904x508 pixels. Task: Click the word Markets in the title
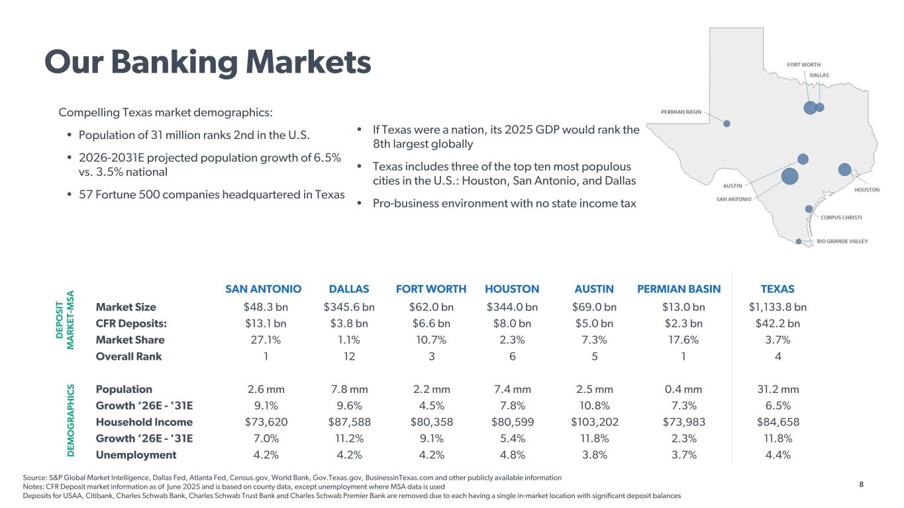(309, 62)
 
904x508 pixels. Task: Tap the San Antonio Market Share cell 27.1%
(266, 340)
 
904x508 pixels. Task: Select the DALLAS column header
(348, 289)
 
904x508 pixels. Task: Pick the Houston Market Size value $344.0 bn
(512, 307)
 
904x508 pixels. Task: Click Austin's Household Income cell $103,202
(595, 422)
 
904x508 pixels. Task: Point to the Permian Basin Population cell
(683, 390)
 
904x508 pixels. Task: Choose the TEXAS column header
(778, 289)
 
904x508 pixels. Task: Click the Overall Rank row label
(128, 357)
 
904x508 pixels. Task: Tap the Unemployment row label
(136, 455)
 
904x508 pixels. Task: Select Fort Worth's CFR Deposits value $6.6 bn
(431, 323)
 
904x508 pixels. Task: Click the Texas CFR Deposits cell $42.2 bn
(778, 323)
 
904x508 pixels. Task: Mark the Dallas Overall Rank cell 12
(349, 357)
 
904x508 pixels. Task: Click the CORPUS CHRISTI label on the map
(841, 218)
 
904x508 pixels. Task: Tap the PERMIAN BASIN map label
(681, 112)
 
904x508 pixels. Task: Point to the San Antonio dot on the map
(790, 176)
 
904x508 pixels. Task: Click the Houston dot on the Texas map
(844, 169)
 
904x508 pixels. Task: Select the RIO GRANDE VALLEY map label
(842, 241)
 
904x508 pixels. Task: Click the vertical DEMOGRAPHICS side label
(71, 420)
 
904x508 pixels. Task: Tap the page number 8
(861, 485)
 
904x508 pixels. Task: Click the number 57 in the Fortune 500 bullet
(85, 194)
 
